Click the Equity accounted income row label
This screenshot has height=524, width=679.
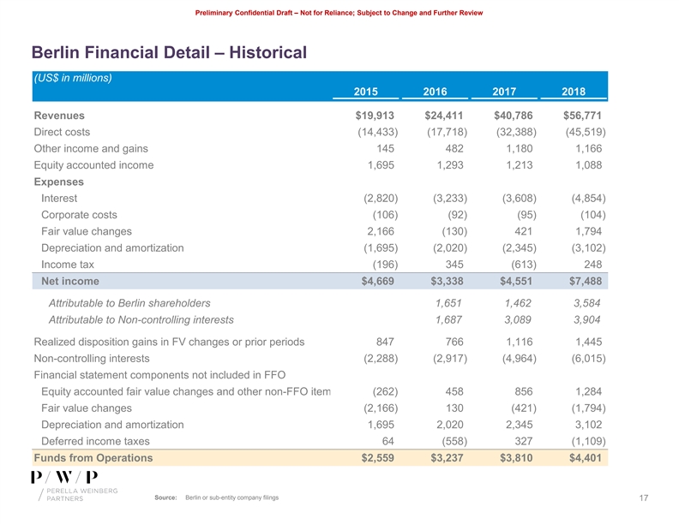click(x=93, y=165)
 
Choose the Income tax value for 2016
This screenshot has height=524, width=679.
click(x=450, y=265)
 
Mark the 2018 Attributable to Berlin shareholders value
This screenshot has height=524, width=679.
click(x=589, y=303)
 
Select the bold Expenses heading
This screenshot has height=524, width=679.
click(x=59, y=182)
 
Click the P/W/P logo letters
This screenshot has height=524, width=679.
click(x=64, y=477)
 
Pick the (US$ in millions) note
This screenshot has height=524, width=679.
click(x=73, y=78)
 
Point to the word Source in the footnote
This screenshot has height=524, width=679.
click(x=165, y=498)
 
